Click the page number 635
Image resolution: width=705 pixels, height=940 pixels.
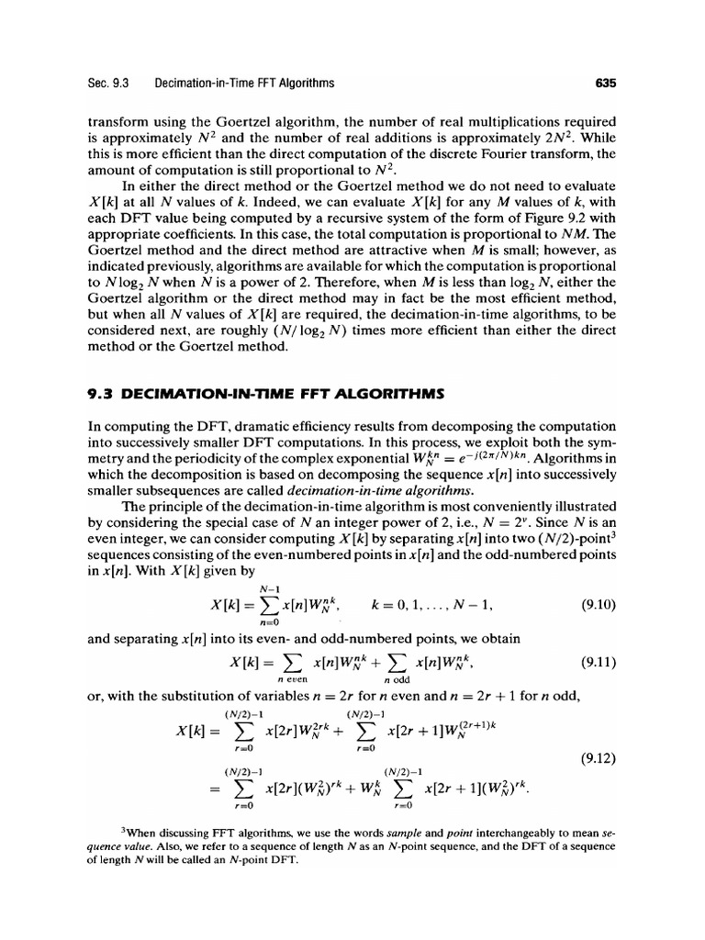tap(603, 84)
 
